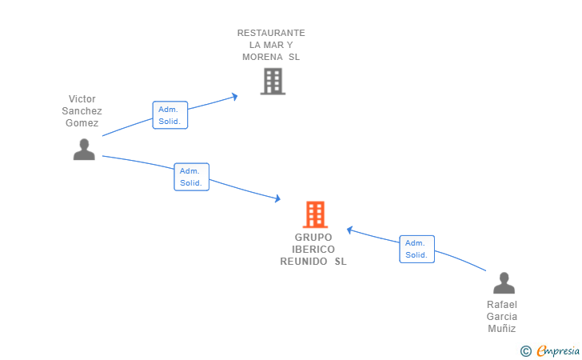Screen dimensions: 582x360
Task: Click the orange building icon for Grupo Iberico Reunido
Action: click(x=315, y=214)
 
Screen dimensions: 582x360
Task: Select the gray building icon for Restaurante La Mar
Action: click(x=273, y=82)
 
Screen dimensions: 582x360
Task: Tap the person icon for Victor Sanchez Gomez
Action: click(x=84, y=150)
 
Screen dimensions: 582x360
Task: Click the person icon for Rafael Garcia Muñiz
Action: click(x=504, y=283)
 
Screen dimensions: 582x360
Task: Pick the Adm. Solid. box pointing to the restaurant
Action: click(x=170, y=115)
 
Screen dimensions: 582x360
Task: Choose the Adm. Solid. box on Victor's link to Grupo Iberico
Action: click(x=192, y=177)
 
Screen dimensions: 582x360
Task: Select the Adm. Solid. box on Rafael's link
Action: click(x=417, y=249)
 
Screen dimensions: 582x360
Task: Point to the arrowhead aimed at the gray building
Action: click(x=234, y=97)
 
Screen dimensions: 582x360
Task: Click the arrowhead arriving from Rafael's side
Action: click(x=349, y=230)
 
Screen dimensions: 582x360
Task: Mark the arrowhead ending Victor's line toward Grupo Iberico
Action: click(x=277, y=198)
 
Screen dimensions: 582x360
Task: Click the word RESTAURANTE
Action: click(x=271, y=33)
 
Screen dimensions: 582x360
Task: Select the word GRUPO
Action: click(x=313, y=238)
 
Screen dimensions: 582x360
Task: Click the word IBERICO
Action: click(x=313, y=250)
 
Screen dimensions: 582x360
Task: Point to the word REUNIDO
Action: click(x=304, y=262)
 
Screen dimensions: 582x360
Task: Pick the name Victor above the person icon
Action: click(x=82, y=99)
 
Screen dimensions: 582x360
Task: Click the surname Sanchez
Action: click(x=82, y=110)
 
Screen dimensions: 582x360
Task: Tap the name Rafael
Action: click(x=502, y=305)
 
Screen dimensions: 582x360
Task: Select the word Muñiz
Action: click(x=502, y=329)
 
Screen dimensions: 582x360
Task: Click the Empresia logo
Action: click(x=550, y=350)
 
